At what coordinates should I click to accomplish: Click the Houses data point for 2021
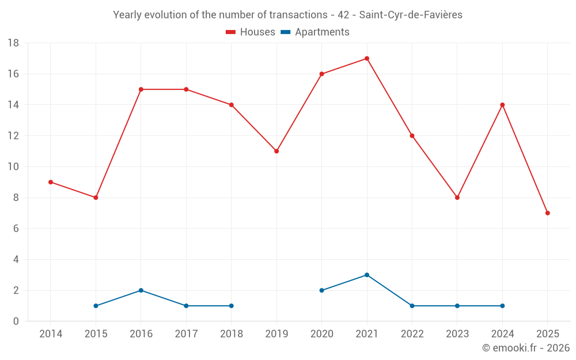[x=367, y=58]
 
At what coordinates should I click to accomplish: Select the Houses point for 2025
[x=547, y=213]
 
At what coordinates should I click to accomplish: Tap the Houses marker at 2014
[x=51, y=182]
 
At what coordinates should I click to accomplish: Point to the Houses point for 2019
[x=276, y=151]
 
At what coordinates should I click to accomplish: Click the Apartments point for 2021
[x=367, y=275]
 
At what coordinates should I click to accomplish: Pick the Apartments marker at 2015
[x=96, y=306]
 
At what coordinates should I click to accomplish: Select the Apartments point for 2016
[x=141, y=290]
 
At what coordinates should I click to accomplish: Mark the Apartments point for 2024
[x=502, y=306]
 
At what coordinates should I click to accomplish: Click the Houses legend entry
[x=251, y=32]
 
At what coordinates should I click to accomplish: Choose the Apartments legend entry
[x=315, y=32]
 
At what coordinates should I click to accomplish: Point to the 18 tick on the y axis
[x=14, y=43]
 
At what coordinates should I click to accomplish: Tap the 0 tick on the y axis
[x=16, y=321]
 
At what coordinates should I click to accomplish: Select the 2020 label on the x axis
[x=321, y=334]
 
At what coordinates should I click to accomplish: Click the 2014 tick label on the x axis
[x=51, y=334]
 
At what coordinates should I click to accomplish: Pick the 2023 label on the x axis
[x=457, y=334]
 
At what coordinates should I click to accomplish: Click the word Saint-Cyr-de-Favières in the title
[x=411, y=15]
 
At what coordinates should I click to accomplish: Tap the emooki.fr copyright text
[x=525, y=348]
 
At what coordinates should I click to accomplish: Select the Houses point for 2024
[x=502, y=105]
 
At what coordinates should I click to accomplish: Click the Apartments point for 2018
[x=231, y=306]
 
